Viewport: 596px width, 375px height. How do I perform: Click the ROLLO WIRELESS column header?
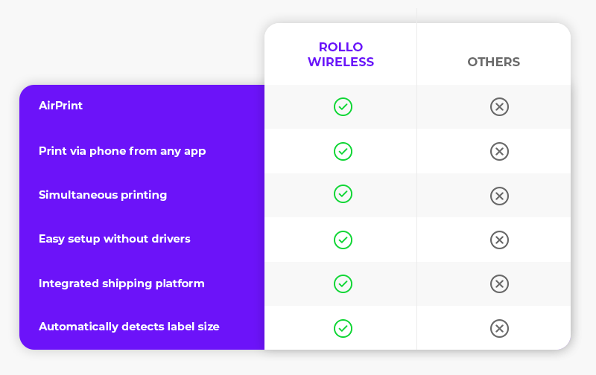[341, 54]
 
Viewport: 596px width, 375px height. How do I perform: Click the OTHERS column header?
[493, 62]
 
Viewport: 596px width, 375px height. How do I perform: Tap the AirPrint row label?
[60, 106]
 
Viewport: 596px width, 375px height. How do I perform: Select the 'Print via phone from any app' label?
[122, 151]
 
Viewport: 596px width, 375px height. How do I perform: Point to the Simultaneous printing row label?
[103, 195]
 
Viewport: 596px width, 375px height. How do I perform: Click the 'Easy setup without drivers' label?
[115, 239]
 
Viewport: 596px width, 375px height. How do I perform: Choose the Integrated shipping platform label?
[121, 283]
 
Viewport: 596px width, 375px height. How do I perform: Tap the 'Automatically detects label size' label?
[129, 327]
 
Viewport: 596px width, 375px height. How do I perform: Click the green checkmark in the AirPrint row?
[343, 106]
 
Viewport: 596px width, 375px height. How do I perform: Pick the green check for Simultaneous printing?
[343, 194]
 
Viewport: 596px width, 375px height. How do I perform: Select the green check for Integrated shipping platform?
[343, 284]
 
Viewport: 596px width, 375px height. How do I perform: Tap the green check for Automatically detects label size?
[343, 328]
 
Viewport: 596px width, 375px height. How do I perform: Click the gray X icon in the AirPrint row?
[499, 106]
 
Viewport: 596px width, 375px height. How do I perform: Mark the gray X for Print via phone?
[499, 152]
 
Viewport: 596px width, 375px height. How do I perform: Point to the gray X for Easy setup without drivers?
[499, 240]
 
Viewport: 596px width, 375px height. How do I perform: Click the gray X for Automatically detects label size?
[499, 328]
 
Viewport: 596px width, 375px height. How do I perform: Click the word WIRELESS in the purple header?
[341, 62]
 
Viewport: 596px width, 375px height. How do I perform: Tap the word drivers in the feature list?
[171, 239]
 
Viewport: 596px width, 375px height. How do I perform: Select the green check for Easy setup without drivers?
[343, 240]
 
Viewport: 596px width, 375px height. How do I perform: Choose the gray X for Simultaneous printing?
[499, 196]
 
